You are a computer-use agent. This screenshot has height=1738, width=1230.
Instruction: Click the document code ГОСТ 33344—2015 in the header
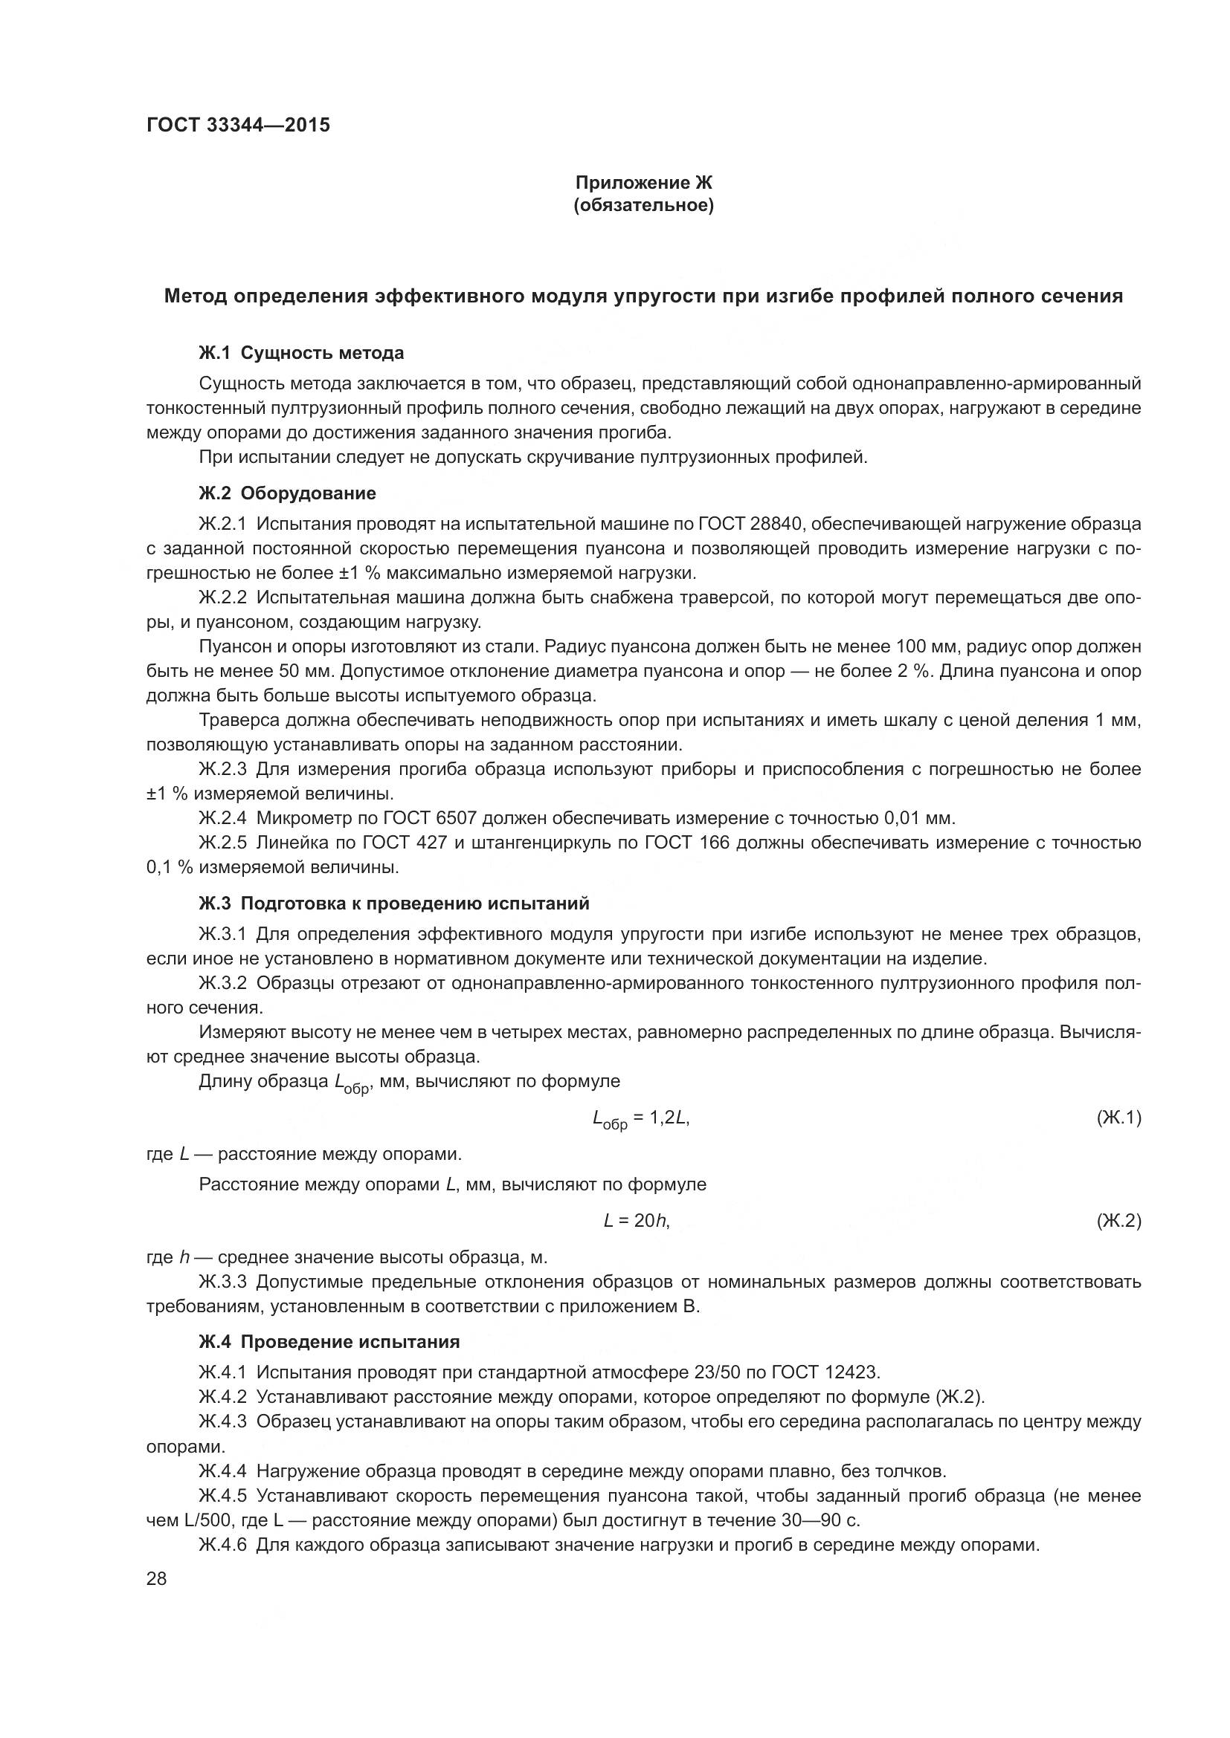(x=238, y=125)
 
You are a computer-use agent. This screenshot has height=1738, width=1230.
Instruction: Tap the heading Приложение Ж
(x=644, y=183)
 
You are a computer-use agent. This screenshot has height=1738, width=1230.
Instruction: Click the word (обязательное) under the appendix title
(x=644, y=206)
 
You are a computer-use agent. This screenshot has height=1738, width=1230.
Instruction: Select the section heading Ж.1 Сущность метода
(x=300, y=353)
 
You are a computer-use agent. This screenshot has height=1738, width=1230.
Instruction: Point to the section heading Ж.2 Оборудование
(x=287, y=493)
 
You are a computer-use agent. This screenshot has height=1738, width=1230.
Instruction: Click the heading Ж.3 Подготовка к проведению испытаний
(x=394, y=903)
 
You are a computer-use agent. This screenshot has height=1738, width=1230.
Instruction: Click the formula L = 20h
(x=637, y=1220)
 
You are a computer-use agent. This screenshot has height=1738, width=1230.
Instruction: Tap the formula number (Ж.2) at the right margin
(x=1118, y=1220)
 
